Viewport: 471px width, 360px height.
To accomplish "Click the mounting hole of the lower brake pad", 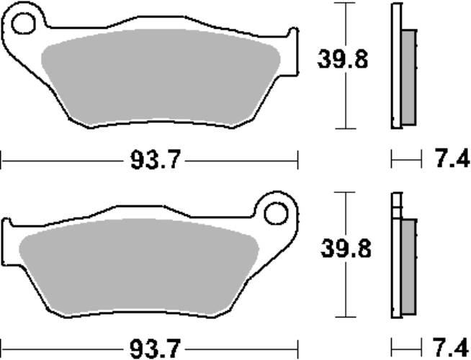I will (275, 214).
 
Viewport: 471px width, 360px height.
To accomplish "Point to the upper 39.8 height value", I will (343, 60).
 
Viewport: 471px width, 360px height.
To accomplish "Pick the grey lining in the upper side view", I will (408, 76).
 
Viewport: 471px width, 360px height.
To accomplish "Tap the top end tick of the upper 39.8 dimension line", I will (346, 4).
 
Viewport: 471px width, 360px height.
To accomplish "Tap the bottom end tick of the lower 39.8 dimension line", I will (346, 318).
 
